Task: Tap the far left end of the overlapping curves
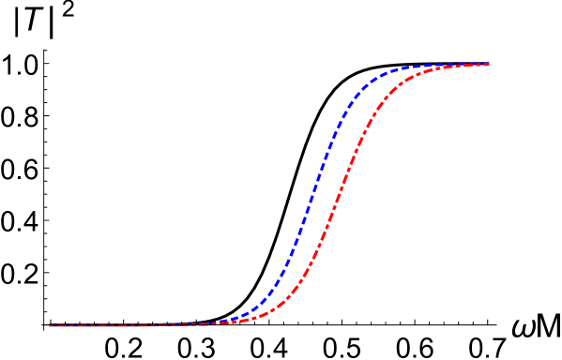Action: pyautogui.click(x=50, y=325)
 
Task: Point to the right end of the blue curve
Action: pyautogui.click(x=489, y=64)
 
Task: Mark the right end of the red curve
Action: pyautogui.click(x=489, y=65)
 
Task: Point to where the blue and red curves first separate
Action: pyautogui.click(x=220, y=322)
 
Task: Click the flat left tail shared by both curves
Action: pyautogui.click(x=122, y=325)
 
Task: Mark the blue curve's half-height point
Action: pyautogui.click(x=309, y=195)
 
